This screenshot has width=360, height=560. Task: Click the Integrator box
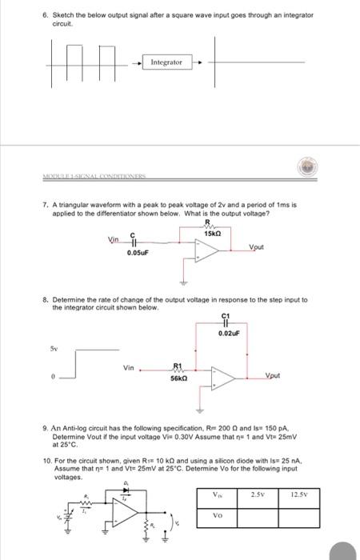tap(166, 62)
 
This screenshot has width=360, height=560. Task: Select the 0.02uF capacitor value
tap(228, 333)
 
